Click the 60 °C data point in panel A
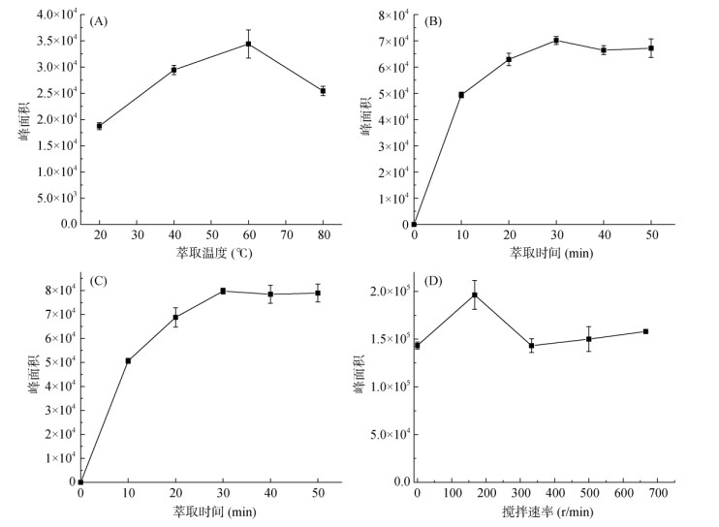[x=248, y=44]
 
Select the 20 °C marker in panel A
[x=99, y=126]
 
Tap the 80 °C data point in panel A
[x=323, y=91]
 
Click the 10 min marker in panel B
[x=461, y=95]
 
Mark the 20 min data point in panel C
[x=175, y=317]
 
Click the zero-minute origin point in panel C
[x=80, y=481]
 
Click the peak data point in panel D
[x=475, y=294]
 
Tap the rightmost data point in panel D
[x=645, y=331]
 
